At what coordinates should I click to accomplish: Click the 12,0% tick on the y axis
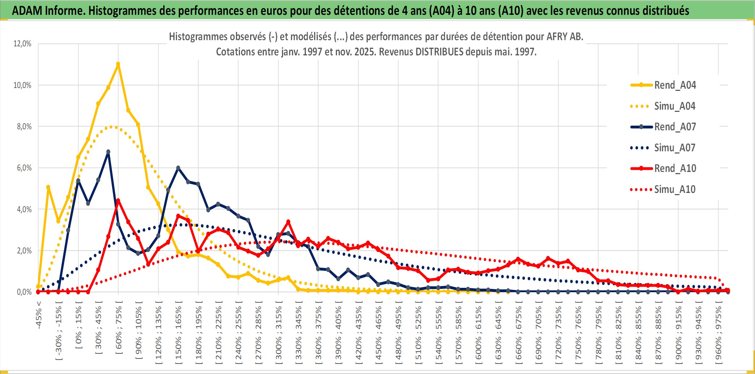tap(22, 44)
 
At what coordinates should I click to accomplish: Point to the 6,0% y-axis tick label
tap(24, 168)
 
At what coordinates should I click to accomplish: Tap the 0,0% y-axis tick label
tap(24, 292)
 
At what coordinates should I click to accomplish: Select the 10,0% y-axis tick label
tap(22, 85)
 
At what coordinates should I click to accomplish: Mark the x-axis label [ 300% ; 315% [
tap(278, 333)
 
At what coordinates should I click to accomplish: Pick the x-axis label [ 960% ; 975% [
tap(718, 333)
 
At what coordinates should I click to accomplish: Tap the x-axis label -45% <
tap(39, 315)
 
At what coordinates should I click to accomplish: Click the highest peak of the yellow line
tap(118, 64)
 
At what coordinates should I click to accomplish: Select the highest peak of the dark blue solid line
tap(108, 152)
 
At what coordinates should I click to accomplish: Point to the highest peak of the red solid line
tap(118, 201)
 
